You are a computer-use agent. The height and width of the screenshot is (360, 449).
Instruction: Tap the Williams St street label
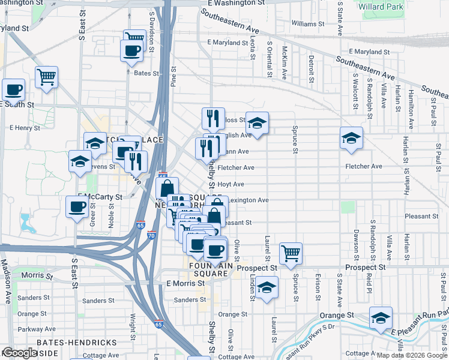(x=307, y=24)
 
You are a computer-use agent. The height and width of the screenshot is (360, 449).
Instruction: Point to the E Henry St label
(x=25, y=128)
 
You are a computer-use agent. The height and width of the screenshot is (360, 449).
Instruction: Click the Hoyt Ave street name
(x=231, y=184)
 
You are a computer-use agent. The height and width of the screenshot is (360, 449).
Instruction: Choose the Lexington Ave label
(x=249, y=200)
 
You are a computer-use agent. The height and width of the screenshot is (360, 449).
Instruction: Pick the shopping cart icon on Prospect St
(x=291, y=253)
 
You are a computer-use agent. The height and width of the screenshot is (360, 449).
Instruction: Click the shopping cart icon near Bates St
(x=46, y=77)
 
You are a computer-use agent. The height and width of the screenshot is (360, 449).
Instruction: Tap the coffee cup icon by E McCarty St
(x=77, y=207)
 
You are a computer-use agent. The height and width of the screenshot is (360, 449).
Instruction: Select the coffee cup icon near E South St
(x=13, y=90)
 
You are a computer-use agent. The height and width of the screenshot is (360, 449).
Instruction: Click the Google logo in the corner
(x=19, y=353)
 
